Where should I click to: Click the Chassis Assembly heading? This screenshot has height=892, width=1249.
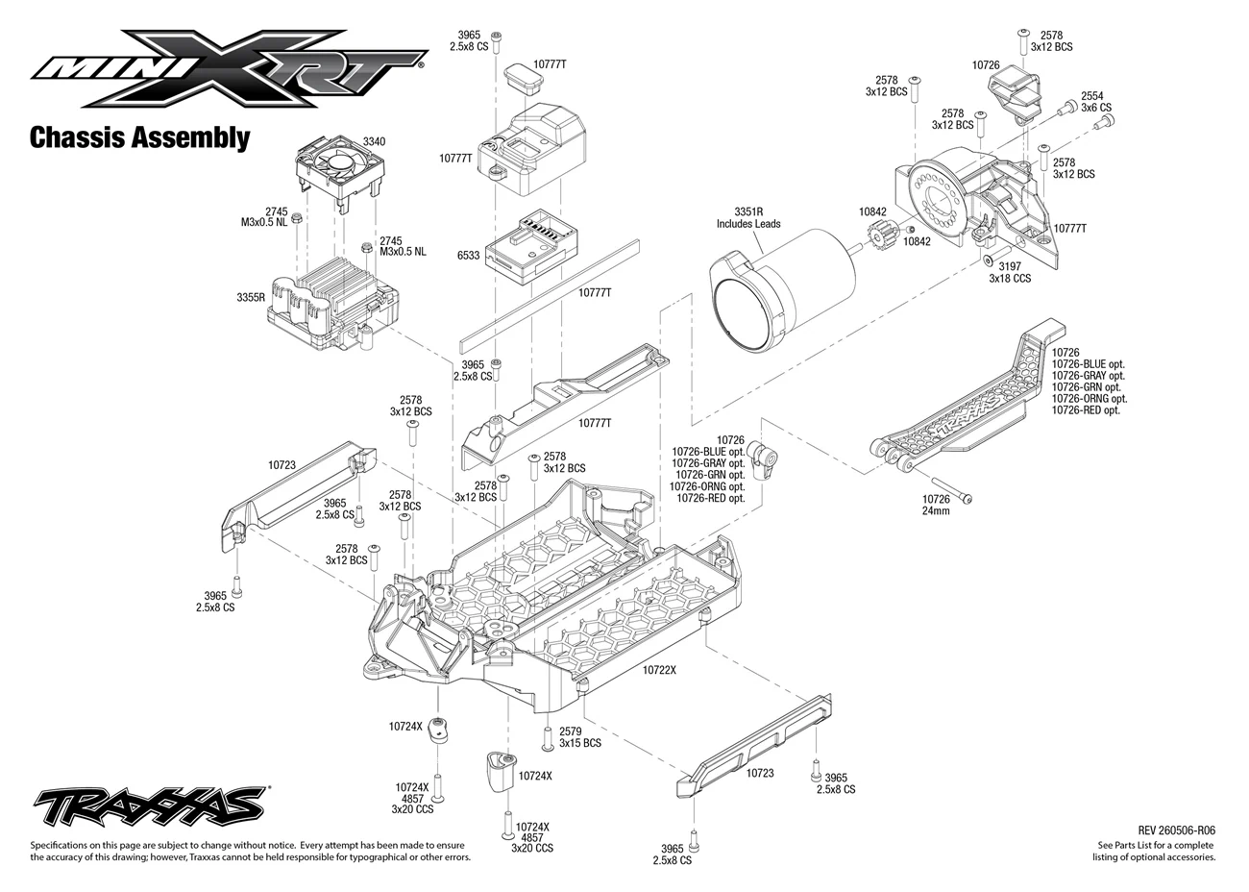pos(140,137)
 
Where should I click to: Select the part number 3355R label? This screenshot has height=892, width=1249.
pos(251,297)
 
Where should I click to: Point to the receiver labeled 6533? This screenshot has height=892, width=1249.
pos(530,247)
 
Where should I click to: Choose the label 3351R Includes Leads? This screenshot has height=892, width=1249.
pos(748,217)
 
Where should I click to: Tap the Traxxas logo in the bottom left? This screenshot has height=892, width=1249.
pos(151,807)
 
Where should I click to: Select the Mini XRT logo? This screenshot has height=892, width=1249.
pos(229,68)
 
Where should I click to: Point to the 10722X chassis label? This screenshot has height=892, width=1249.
pos(659,670)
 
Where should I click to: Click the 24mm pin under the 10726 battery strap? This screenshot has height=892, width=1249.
pos(951,489)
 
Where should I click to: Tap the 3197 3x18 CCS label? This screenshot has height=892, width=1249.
pos(1010,272)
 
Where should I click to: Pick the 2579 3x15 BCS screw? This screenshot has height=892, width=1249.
pos(548,738)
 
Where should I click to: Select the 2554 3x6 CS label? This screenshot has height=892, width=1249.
pos(1096,102)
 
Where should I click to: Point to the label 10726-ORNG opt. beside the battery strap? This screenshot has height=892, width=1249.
pos(1090,398)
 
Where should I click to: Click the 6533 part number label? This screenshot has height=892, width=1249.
pos(469,256)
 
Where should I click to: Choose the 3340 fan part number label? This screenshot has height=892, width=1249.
pos(374,141)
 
